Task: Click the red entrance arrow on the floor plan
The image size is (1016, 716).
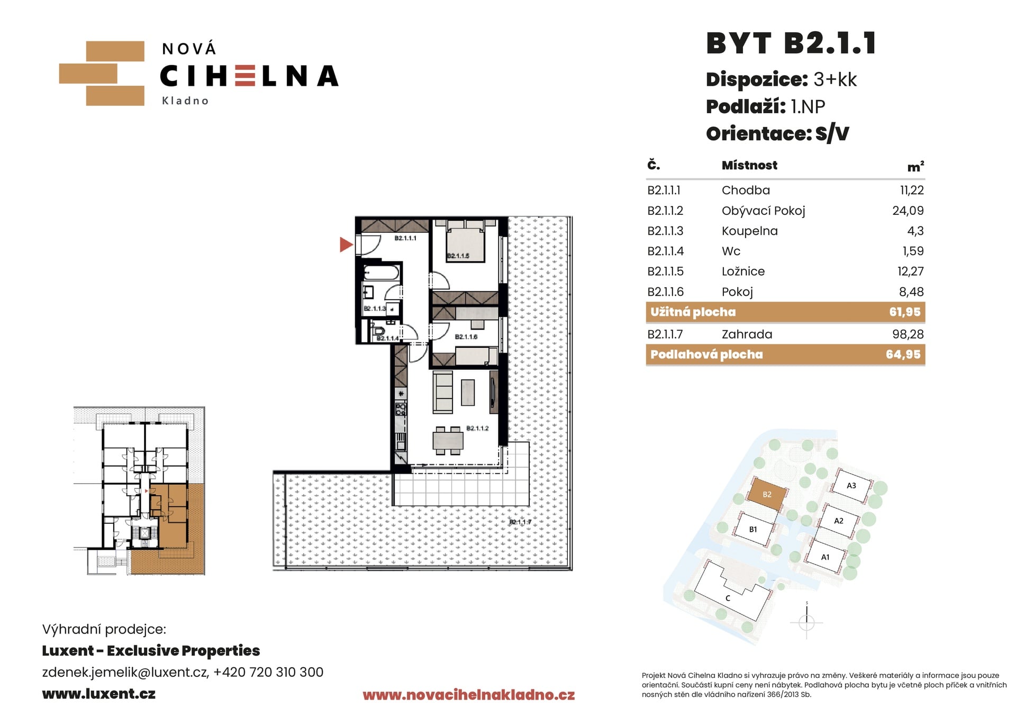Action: pyautogui.click(x=346, y=244)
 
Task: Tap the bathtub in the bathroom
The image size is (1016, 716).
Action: pyautogui.click(x=382, y=273)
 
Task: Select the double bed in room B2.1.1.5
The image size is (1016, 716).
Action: pyautogui.click(x=465, y=242)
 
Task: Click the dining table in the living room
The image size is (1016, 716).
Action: pyautogui.click(x=448, y=441)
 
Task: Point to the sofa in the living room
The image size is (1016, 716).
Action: pyautogui.click(x=443, y=392)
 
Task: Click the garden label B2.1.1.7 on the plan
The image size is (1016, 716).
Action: pyautogui.click(x=520, y=522)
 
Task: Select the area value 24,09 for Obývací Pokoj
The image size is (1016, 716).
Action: pyautogui.click(x=908, y=211)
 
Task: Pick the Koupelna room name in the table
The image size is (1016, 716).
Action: pyautogui.click(x=749, y=231)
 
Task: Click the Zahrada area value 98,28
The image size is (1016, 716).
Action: pyautogui.click(x=908, y=334)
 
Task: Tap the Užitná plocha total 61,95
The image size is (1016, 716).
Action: pyautogui.click(x=905, y=312)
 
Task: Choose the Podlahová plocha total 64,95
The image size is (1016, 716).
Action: pyautogui.click(x=903, y=355)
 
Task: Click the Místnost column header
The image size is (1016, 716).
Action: pyautogui.click(x=749, y=166)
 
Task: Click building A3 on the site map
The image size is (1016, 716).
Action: pyautogui.click(x=851, y=486)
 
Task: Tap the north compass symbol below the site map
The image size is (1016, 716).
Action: pyautogui.click(x=806, y=621)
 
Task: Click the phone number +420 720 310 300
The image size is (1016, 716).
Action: pyautogui.click(x=268, y=672)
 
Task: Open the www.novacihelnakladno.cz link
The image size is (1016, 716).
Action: pyautogui.click(x=469, y=695)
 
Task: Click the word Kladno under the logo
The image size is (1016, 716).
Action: pyautogui.click(x=185, y=101)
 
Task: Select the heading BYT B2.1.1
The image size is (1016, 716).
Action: pyautogui.click(x=791, y=43)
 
